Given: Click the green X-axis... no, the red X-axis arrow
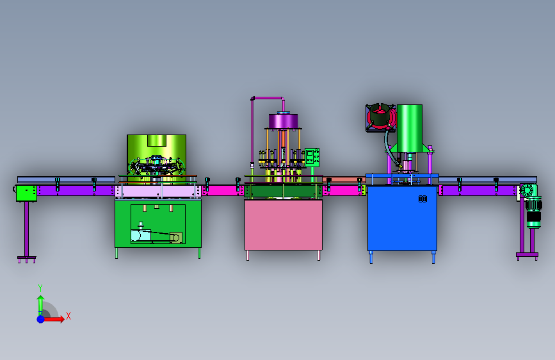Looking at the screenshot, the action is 53,319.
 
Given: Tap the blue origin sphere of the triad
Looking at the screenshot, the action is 41,319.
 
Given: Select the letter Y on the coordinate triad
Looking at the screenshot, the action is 40,288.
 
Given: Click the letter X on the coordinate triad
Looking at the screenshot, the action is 68,316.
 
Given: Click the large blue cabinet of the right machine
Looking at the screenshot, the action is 402,218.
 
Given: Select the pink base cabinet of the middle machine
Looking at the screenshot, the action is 284,225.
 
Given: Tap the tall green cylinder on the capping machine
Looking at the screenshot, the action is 410,128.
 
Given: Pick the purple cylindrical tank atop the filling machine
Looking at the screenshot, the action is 283,121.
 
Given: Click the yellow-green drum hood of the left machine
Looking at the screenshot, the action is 156,149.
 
